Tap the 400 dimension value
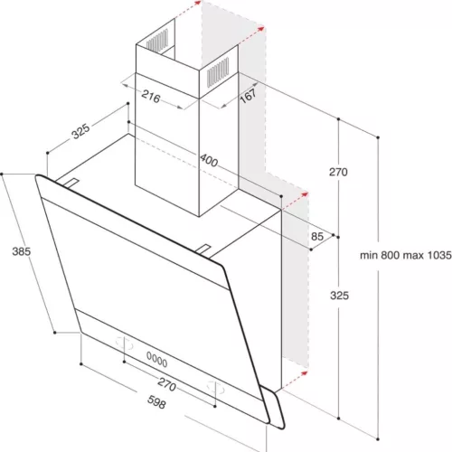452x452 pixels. (x=210, y=161)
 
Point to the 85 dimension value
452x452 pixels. (x=316, y=237)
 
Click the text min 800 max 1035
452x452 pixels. (x=404, y=255)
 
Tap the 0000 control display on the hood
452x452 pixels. (x=158, y=355)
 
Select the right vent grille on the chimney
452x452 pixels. (x=220, y=71)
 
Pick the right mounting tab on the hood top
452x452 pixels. (x=207, y=247)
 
